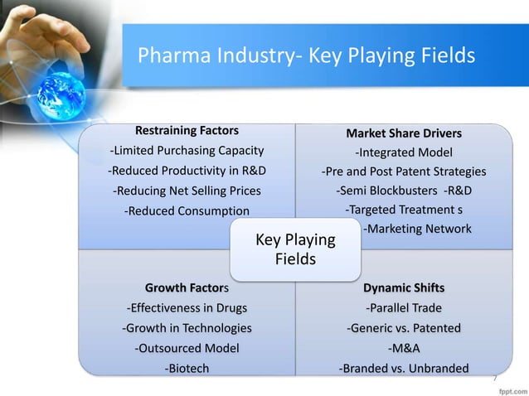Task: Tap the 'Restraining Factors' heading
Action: point(187,130)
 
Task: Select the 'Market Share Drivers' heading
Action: point(404,133)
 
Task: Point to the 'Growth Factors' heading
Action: point(187,288)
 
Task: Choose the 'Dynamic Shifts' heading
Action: point(404,288)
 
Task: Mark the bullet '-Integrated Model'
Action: point(404,152)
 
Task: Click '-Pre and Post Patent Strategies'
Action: point(404,172)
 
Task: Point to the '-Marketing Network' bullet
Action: point(418,229)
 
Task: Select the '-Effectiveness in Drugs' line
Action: point(187,309)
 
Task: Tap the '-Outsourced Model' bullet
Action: point(187,349)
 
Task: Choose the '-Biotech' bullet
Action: point(187,369)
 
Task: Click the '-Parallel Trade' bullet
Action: point(404,309)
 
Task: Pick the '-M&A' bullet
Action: point(404,349)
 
